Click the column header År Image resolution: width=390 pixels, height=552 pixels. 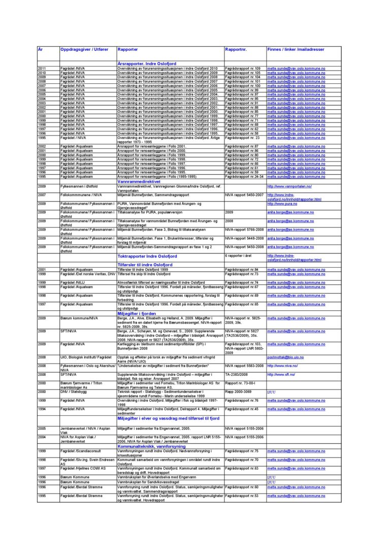[x=41, y=49]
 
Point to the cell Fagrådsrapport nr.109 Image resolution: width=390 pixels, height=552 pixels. [x=242, y=68]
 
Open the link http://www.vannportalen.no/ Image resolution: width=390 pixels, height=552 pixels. [x=289, y=187]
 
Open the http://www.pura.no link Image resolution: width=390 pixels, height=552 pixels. [x=282, y=204]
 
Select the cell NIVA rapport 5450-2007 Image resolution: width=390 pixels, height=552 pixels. [x=244, y=195]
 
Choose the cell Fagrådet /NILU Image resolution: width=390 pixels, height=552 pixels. [x=74, y=282]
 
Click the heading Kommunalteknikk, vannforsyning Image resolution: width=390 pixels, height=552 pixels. [x=151, y=446]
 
